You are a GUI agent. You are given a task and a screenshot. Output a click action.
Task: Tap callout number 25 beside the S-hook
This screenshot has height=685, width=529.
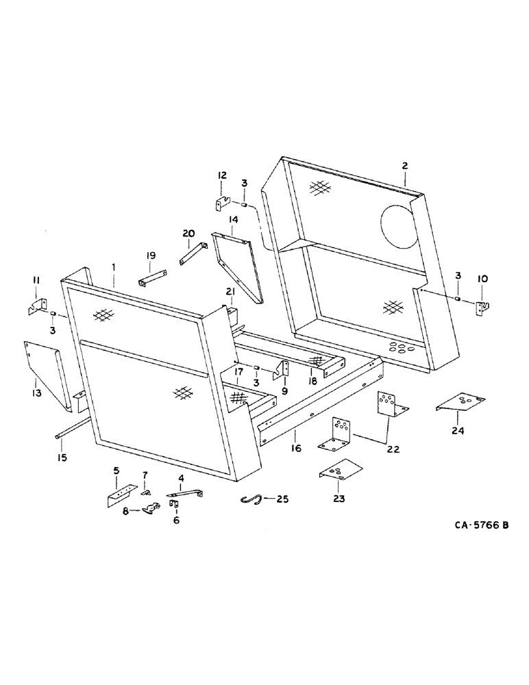coord(281,499)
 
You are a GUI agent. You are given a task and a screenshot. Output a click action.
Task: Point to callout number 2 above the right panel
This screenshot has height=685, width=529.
coord(405,166)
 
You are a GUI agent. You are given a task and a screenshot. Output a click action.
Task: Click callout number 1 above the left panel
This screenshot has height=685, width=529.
coord(114,266)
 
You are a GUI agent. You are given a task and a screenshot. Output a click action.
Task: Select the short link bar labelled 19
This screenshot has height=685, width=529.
coord(152,282)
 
